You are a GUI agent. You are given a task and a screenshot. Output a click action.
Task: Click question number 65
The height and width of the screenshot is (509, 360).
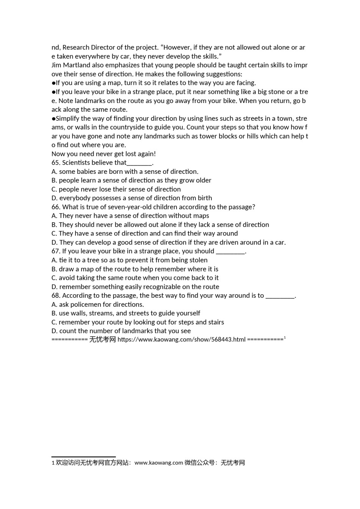56,163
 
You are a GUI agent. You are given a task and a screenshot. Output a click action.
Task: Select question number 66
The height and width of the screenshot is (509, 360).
56,207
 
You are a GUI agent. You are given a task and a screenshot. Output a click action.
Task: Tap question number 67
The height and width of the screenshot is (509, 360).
56,251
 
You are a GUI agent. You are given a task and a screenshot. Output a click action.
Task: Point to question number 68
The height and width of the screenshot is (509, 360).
56,296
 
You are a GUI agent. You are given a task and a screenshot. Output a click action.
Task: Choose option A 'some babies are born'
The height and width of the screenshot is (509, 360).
125,172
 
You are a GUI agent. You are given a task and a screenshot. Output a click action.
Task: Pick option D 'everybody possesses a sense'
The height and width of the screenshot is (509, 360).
132,198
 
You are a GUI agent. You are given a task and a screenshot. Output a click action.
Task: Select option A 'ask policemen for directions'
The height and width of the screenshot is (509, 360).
98,304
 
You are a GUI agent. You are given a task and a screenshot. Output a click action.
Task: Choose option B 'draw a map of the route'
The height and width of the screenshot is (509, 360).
135,269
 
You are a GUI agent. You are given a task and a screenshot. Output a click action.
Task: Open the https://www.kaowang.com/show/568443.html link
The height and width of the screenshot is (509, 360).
182,340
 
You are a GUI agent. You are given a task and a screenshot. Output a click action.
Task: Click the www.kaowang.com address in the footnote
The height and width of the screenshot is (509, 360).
158,463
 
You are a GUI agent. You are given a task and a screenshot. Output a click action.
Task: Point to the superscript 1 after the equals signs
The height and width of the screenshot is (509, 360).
285,338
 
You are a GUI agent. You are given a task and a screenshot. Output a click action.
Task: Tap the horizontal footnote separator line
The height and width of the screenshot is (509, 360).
83,457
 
